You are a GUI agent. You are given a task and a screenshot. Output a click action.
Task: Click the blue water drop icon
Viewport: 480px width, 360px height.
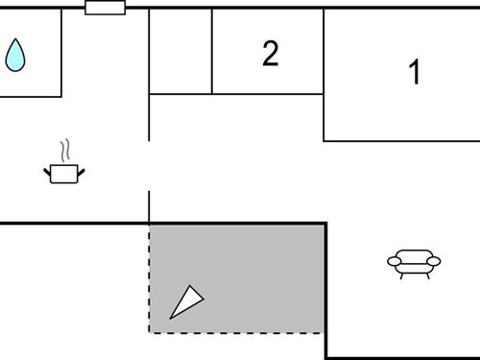(x=15, y=57)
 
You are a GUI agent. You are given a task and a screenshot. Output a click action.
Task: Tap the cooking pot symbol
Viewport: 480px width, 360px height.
(x=64, y=174)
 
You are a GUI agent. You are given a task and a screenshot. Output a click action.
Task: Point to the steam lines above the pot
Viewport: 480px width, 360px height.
(x=64, y=151)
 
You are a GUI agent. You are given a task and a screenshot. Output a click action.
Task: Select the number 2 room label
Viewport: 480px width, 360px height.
(x=271, y=55)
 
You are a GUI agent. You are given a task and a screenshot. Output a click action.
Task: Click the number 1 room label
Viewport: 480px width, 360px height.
(x=415, y=73)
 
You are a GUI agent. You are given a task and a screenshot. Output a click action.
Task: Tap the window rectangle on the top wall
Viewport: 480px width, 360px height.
(x=105, y=8)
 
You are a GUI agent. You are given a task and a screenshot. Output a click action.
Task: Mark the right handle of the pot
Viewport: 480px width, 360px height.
(x=82, y=171)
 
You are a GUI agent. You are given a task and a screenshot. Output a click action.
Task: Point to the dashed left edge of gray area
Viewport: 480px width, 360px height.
(x=150, y=278)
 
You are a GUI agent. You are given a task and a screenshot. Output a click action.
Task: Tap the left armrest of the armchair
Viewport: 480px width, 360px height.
(x=393, y=260)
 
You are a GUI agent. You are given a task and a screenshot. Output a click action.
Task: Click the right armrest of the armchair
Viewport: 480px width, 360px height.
(x=434, y=260)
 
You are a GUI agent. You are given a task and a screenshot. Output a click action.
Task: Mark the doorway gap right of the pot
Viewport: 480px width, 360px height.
(x=150, y=165)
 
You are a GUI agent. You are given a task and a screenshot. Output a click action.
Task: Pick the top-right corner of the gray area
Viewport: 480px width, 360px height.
(x=324, y=225)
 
